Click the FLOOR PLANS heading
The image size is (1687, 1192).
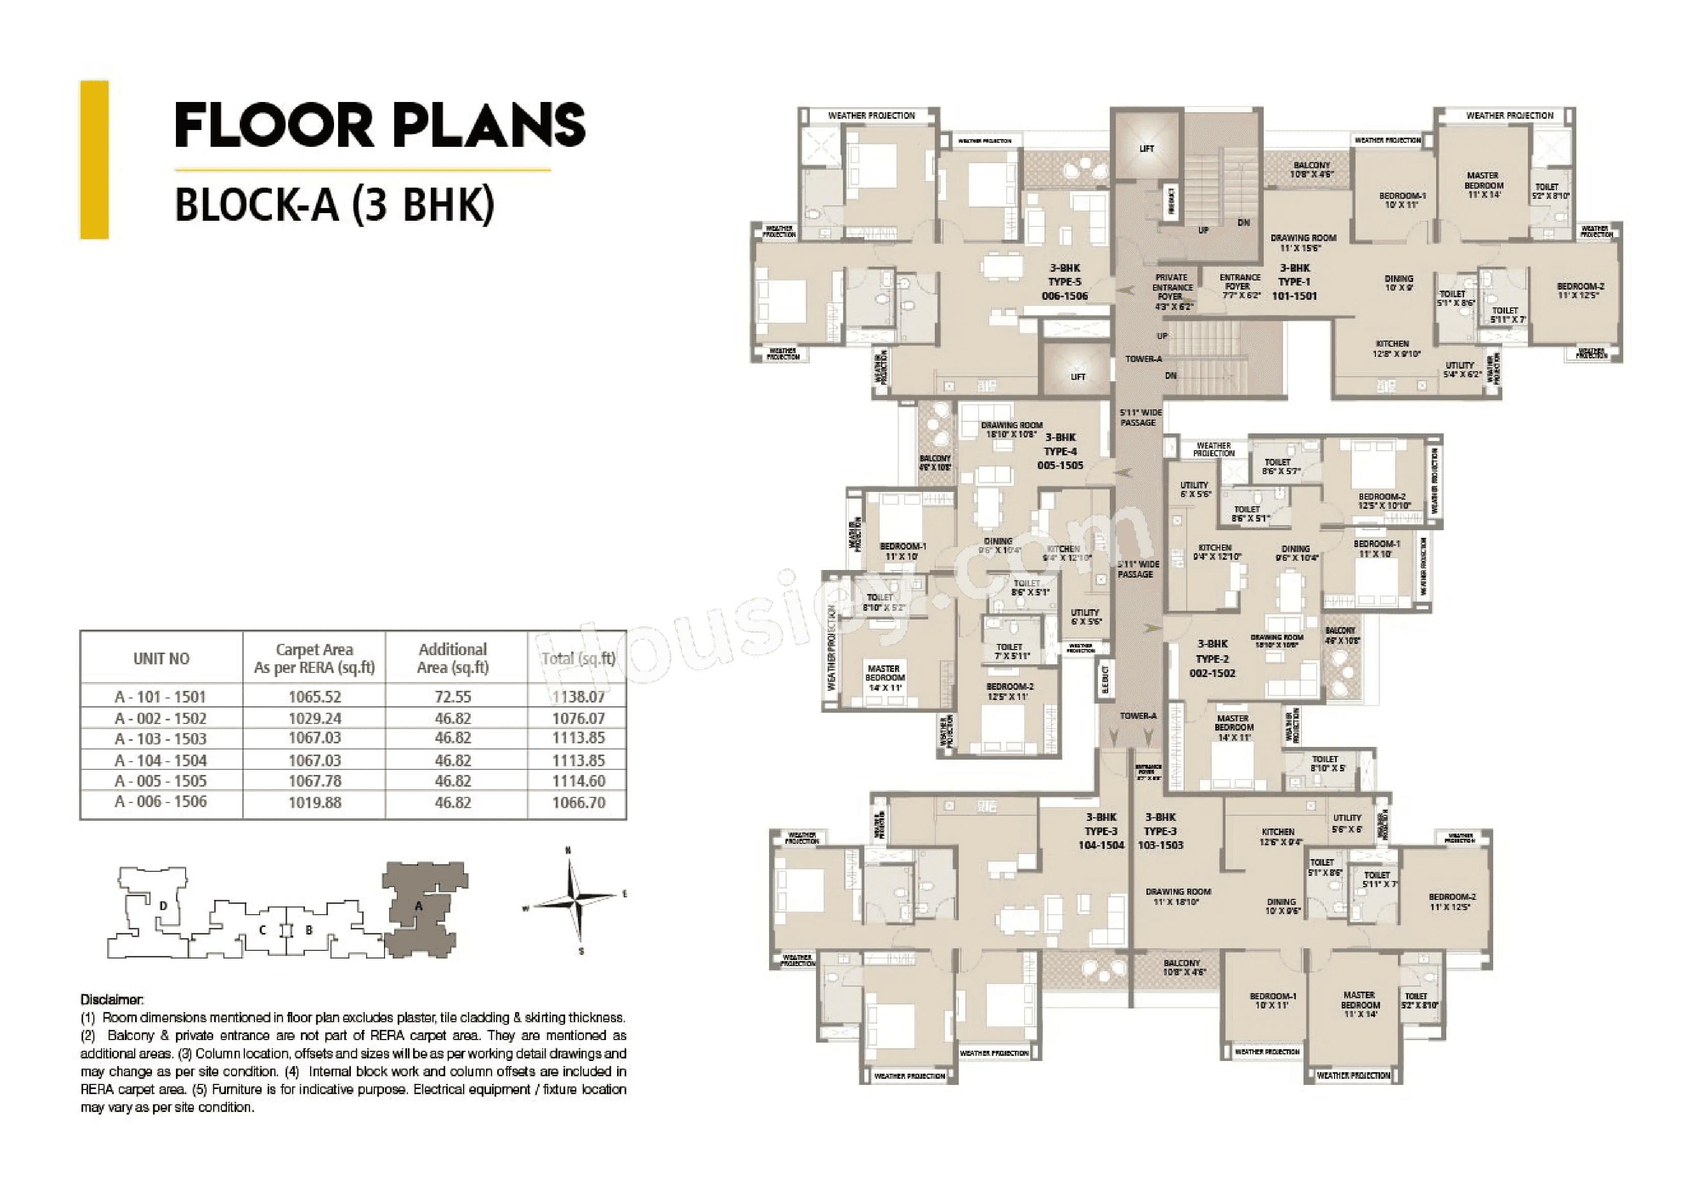[380, 125]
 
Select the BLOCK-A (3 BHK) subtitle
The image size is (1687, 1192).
[335, 205]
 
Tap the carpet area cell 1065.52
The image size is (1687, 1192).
[315, 696]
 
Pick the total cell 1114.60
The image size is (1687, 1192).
[578, 781]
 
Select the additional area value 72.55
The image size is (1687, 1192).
[453, 696]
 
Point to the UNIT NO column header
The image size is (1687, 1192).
[161, 659]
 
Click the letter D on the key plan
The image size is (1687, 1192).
[163, 905]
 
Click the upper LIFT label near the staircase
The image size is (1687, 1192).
[1146, 148]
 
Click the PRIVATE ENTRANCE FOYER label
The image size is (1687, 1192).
[1172, 292]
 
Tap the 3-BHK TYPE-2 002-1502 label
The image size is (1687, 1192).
[1212, 659]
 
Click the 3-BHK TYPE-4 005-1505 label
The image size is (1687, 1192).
[1060, 451]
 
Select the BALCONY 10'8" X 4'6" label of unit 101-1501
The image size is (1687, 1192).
[1312, 170]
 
